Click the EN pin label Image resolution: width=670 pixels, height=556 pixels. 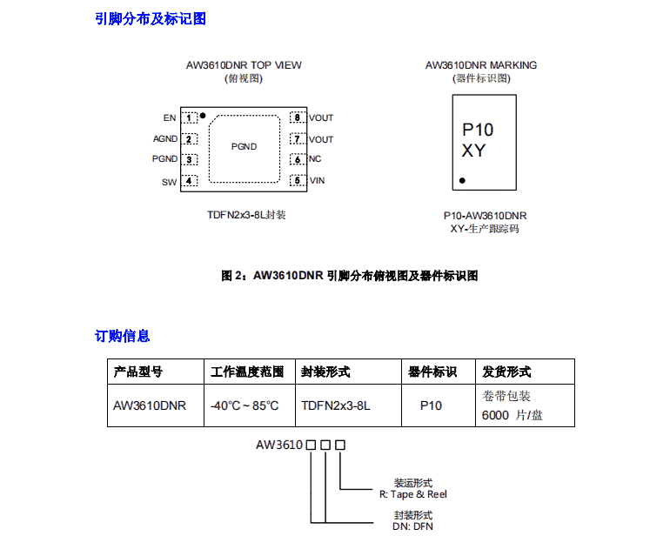[x=169, y=117]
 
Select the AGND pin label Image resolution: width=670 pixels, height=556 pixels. [x=165, y=138]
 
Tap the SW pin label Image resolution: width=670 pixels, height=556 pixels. [x=169, y=182]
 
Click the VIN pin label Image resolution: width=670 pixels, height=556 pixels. [x=318, y=181]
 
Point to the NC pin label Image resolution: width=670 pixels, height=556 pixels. [x=315, y=159]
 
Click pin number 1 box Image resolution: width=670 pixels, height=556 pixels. [x=189, y=117]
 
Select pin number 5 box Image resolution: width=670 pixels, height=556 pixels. [x=297, y=181]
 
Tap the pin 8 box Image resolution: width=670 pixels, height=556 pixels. [x=297, y=117]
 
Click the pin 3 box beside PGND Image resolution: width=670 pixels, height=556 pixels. [x=189, y=160]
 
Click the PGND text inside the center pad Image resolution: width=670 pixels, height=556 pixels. [x=244, y=146]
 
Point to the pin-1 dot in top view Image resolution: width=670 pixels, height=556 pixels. [x=203, y=115]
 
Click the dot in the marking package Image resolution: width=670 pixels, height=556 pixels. [x=462, y=181]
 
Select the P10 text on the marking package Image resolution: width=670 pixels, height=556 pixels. [x=477, y=130]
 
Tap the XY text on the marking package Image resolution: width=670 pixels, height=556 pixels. [x=473, y=151]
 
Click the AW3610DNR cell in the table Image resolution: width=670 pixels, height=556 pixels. [x=150, y=405]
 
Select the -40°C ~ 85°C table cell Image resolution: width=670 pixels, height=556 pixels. [x=245, y=405]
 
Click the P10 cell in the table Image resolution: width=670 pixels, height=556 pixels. [x=431, y=405]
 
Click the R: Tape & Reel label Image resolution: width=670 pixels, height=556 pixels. [x=413, y=493]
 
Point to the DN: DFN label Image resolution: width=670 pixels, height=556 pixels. [x=412, y=526]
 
